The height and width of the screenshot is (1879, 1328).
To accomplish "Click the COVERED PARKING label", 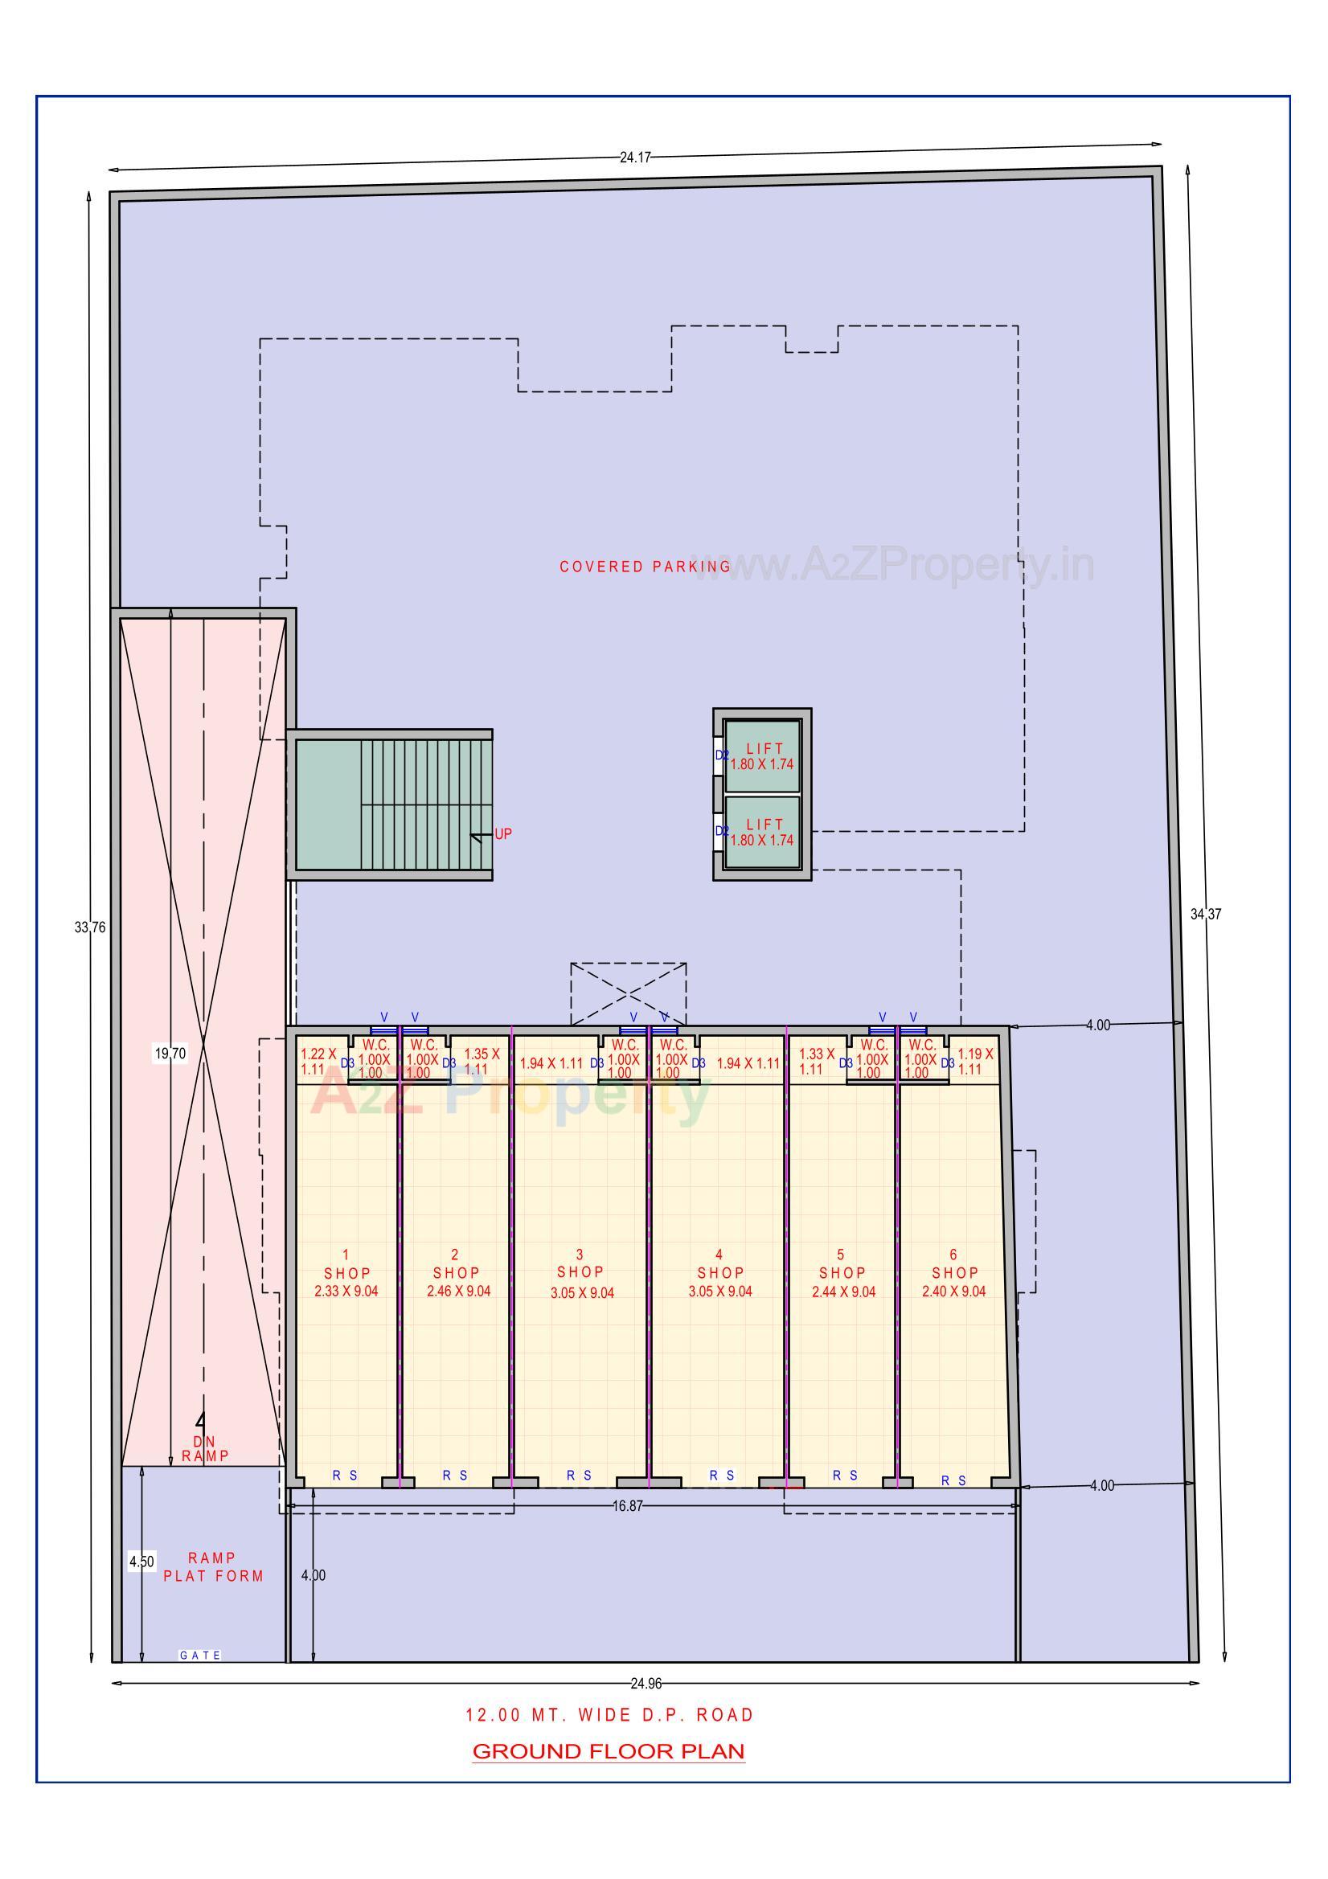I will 646,567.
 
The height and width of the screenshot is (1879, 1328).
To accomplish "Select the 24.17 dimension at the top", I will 634,158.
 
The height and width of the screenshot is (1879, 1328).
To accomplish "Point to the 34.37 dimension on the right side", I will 1205,914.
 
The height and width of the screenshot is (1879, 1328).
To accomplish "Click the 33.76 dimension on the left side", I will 89,927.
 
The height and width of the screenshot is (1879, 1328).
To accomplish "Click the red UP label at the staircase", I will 502,834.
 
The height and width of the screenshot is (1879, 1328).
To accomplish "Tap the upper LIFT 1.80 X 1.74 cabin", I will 762,756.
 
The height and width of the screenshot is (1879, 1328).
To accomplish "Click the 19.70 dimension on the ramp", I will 170,1054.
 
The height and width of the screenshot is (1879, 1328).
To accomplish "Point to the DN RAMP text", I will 205,1447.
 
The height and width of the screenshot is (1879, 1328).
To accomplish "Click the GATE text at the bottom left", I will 200,1655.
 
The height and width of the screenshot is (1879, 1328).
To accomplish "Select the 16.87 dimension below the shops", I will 627,1506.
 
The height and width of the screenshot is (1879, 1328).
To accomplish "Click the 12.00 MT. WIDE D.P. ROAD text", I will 609,1714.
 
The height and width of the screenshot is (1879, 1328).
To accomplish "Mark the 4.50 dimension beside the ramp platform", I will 141,1562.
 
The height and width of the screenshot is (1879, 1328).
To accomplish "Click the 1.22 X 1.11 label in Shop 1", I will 318,1062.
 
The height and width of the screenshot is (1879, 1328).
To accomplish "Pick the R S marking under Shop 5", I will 845,1475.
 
